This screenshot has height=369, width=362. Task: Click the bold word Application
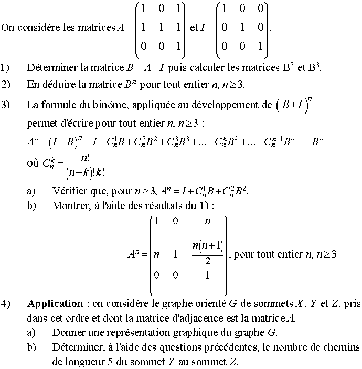pyautogui.click(x=55, y=304)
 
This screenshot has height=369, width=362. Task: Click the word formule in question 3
pyautogui.click(x=58, y=105)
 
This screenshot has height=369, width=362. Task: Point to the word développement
pyautogui.click(x=225, y=105)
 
